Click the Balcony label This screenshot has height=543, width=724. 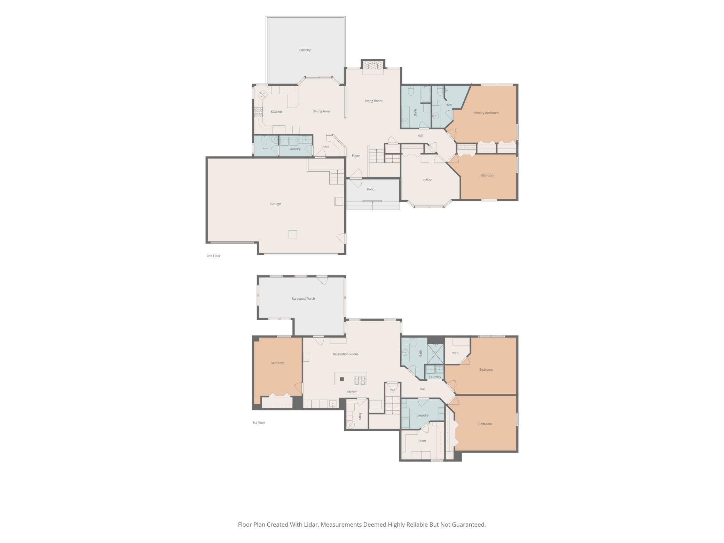[305, 50]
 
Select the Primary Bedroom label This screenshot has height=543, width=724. [486, 113]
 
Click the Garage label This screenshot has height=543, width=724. [275, 204]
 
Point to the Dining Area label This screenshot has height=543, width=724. [321, 111]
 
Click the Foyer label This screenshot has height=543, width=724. [356, 156]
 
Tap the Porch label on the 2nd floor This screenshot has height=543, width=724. [371, 189]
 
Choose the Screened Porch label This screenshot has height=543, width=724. [303, 299]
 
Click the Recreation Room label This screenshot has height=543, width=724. [345, 354]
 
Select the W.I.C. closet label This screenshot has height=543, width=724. [455, 353]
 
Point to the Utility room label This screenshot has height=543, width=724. [360, 416]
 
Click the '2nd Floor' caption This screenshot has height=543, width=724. [213, 256]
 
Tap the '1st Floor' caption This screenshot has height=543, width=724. [259, 423]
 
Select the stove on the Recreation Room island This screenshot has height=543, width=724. [360, 380]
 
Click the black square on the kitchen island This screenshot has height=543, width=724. [342, 379]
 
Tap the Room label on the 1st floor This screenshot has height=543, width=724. [422, 441]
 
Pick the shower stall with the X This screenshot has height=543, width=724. [435, 354]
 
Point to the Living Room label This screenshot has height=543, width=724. [373, 101]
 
